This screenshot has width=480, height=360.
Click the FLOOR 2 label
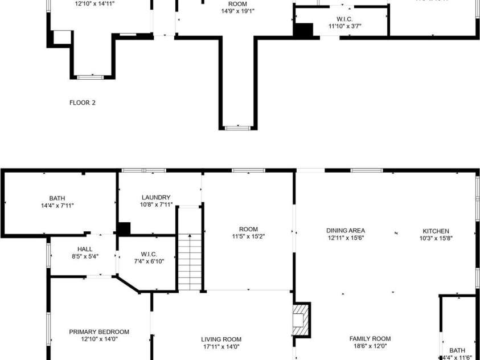pyautogui.click(x=83, y=103)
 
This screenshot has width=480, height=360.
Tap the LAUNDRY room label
pyautogui.click(x=156, y=197)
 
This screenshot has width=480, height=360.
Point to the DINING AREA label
pyautogui.click(x=346, y=231)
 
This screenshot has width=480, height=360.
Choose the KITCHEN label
pyautogui.click(x=436, y=231)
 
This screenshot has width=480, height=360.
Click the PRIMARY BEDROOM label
pyautogui.click(x=99, y=332)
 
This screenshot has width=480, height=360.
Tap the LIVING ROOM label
pyautogui.click(x=221, y=339)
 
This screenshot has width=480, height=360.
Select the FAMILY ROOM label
pyautogui.click(x=370, y=338)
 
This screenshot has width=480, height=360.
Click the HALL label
pyautogui.click(x=85, y=249)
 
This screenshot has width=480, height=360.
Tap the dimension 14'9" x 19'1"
pyautogui.click(x=237, y=11)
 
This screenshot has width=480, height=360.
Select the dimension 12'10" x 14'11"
pyautogui.click(x=95, y=3)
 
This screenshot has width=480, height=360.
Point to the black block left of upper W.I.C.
pyautogui.click(x=303, y=31)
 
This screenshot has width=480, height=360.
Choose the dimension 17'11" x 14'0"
pyautogui.click(x=221, y=346)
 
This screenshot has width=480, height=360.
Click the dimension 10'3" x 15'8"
pyautogui.click(x=436, y=238)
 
